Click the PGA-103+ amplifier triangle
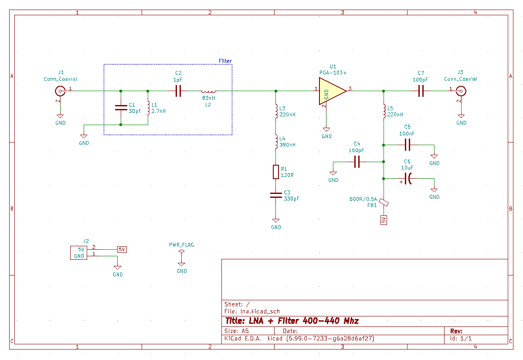point(333,91)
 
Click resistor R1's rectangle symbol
point(276,172)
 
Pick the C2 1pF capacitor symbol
point(178,91)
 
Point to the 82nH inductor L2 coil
point(208,91)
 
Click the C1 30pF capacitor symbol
point(121,108)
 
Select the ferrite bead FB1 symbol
point(384,202)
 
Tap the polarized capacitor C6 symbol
point(408,179)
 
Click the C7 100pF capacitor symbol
point(421,91)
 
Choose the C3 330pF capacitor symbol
point(276,195)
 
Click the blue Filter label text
point(225,61)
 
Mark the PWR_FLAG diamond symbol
point(181,251)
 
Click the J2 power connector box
point(79,253)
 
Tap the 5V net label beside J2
point(122,249)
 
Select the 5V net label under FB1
point(384,220)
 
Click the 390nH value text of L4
point(287,145)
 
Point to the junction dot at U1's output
point(384,91)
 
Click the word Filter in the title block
point(288,321)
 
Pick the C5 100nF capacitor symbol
point(408,145)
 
